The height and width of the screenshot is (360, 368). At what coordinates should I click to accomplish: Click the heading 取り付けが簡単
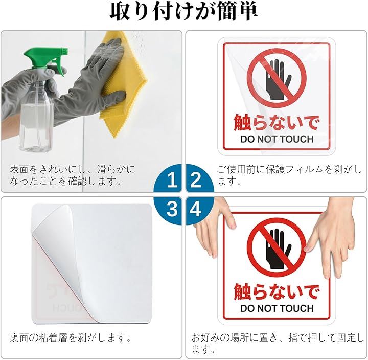184,12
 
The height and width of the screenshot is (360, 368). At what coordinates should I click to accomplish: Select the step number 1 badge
168,178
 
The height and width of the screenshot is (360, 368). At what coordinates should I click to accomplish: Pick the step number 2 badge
200,178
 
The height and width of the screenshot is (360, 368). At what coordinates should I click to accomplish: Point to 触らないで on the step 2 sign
277,122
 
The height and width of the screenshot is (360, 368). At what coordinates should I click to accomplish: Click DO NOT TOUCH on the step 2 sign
277,139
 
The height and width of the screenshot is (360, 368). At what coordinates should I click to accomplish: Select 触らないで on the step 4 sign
277,291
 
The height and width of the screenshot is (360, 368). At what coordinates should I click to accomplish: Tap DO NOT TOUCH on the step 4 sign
277,308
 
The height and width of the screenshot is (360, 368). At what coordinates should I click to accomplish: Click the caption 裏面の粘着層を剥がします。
71,338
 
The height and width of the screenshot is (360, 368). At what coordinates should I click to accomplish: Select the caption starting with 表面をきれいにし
73,175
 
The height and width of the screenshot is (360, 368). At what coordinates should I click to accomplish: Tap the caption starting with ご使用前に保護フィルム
289,175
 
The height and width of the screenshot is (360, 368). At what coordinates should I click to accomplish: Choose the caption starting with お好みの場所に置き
278,343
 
